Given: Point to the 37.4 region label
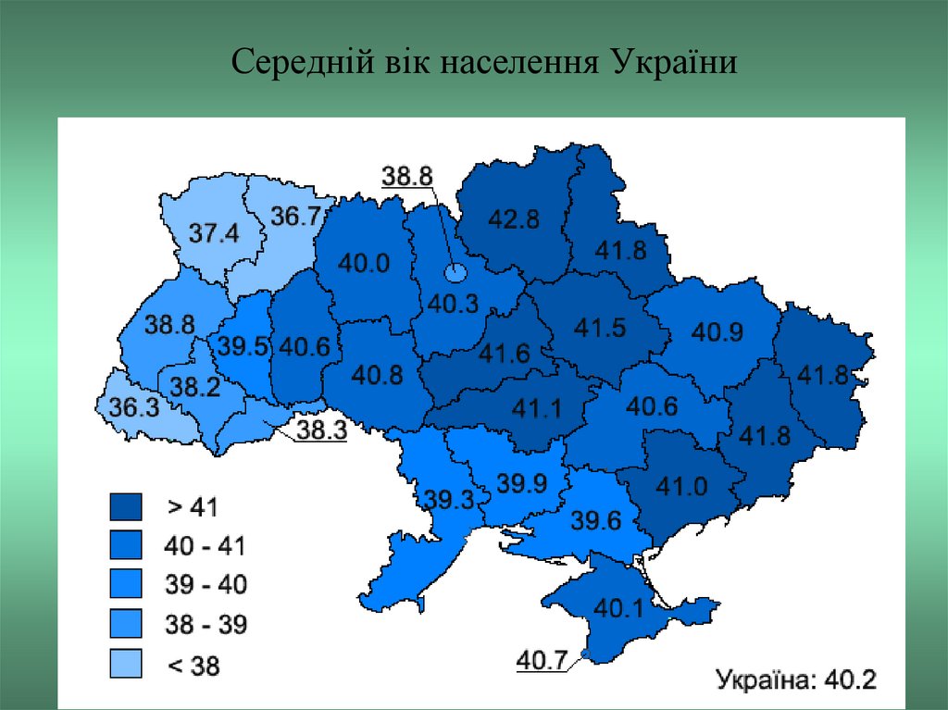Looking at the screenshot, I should coord(214,233).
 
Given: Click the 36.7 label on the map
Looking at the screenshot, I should coord(295,216).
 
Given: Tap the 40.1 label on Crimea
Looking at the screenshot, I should coord(617,608).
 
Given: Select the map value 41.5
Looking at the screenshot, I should coord(600,327).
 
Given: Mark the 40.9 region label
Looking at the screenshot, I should coord(717,331).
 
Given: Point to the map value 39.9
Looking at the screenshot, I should coord(521,483).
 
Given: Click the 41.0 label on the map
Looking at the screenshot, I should coord(681,486).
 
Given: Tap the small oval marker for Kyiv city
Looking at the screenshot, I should coord(455,273).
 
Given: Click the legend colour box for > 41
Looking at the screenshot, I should coord(125,507).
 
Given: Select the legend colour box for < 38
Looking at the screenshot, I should coord(125,663).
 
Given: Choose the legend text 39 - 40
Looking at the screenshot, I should coord(206,585).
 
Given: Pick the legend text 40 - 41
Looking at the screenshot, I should coord(206,546).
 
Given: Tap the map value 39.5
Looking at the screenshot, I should coord(243,347).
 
